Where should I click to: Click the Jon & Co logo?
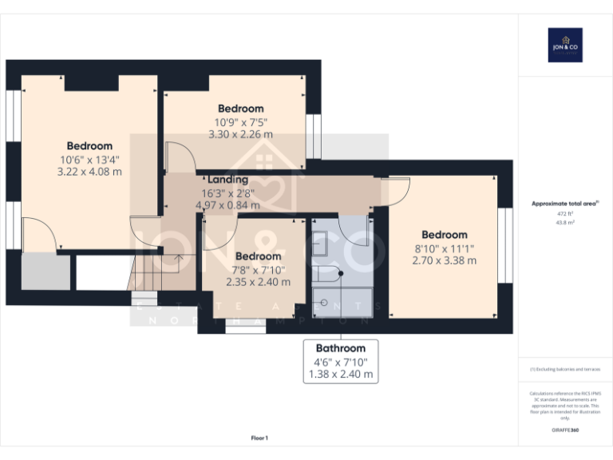565,45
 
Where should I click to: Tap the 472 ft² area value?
565,214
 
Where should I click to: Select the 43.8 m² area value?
565,223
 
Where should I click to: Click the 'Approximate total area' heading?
565,204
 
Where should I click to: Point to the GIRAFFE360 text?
565,430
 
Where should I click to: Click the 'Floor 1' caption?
259,438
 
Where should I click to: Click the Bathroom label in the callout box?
341,348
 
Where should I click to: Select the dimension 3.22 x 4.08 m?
89,171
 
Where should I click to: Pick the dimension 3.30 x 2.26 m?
240,134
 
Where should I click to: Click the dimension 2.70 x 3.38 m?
445,260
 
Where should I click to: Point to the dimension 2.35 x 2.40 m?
258,282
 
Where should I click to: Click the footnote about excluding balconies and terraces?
565,369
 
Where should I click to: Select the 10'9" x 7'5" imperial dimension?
240,122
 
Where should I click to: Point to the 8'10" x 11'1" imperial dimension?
445,248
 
